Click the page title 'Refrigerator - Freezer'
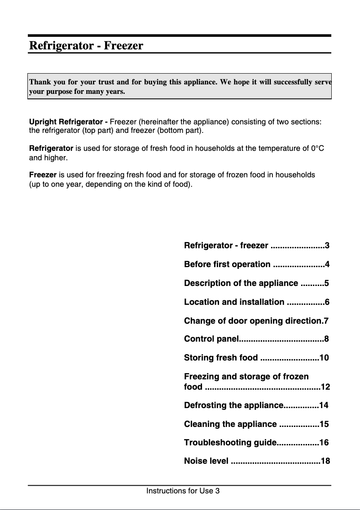coord(86,46)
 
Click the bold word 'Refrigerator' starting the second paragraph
coord(51,148)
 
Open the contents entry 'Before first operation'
coord(227,264)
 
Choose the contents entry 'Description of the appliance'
coord(241,283)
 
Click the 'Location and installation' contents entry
coord(234,302)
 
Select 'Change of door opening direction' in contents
coord(254,321)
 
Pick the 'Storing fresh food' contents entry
coord(221,358)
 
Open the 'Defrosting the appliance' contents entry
coord(233,405)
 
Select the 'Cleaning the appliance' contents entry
coord(230,424)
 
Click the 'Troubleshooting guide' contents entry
coord(229,443)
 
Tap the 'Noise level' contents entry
coord(206,461)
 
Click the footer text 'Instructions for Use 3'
coord(183,491)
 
